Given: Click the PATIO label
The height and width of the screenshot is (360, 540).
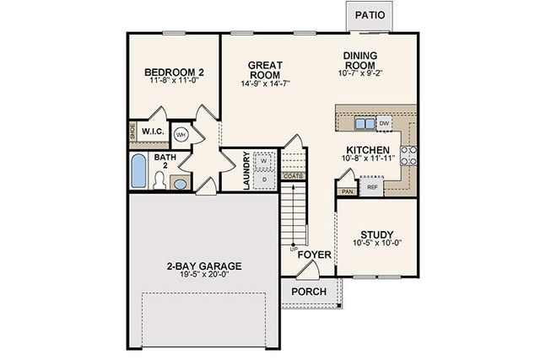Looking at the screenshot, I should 370,15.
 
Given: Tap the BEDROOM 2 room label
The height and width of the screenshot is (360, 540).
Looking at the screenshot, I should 175,73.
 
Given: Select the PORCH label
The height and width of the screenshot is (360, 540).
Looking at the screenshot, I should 309,292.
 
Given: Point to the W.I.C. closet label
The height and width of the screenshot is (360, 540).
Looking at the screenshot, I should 153,132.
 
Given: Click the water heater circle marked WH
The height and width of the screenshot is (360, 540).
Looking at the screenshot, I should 181,134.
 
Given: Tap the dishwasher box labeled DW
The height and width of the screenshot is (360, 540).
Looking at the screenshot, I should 384,124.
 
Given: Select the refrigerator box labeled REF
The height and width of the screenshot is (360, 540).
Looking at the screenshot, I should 372,186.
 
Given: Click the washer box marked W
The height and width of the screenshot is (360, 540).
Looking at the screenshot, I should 264,159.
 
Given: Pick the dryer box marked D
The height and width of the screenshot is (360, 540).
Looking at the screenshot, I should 264,178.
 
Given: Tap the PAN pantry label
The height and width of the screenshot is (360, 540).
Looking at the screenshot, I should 347,191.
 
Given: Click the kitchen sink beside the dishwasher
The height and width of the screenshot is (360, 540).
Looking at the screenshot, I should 363,124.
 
